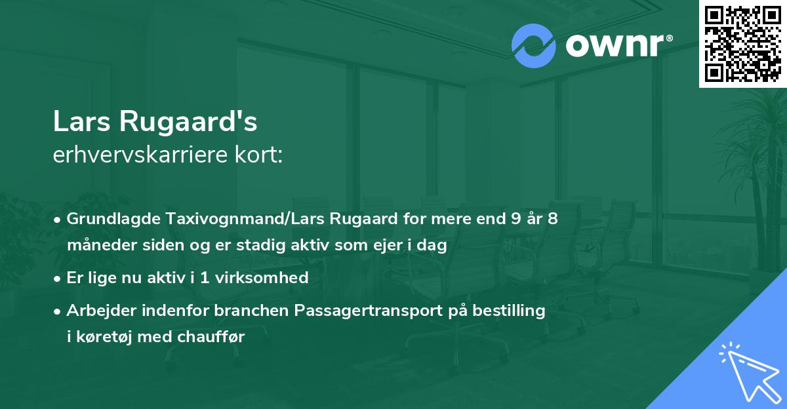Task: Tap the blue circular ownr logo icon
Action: coord(533,46)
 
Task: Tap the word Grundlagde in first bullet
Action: coord(108,218)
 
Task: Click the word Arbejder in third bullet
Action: coord(98,311)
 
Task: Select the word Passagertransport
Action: coord(355,311)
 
